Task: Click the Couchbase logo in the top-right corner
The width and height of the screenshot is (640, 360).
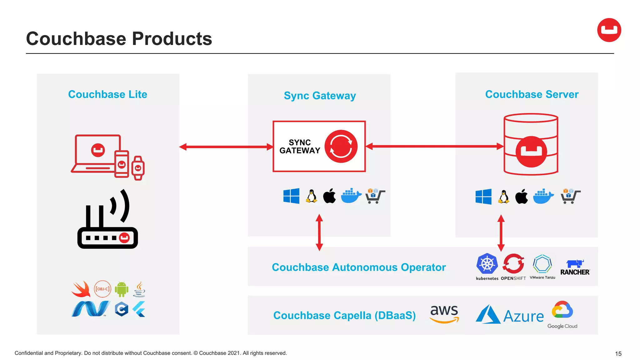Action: click(x=609, y=30)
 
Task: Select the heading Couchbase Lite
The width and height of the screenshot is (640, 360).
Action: click(x=107, y=94)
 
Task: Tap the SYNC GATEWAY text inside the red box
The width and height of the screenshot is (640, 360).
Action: click(x=299, y=147)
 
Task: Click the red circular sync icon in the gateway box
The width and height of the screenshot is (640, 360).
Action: click(x=341, y=146)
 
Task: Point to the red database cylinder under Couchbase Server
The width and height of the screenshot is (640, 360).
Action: click(x=531, y=144)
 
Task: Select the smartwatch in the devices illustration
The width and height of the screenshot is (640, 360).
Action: click(x=138, y=168)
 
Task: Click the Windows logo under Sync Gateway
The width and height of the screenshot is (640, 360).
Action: click(x=291, y=196)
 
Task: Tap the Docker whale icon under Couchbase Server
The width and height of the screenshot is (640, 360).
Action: click(x=543, y=197)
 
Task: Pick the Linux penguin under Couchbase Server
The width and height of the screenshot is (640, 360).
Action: click(x=503, y=197)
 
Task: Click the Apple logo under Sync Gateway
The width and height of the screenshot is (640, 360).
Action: click(x=329, y=196)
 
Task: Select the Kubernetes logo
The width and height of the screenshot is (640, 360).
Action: click(x=487, y=264)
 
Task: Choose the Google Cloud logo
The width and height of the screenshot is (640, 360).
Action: click(x=562, y=314)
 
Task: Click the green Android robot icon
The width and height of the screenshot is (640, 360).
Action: click(x=122, y=289)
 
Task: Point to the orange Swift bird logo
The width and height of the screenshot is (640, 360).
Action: click(x=81, y=289)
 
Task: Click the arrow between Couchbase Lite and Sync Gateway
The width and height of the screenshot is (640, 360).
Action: click(x=226, y=147)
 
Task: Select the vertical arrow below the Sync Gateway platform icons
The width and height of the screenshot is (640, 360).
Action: click(x=319, y=232)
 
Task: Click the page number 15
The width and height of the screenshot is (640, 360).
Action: click(x=618, y=353)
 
